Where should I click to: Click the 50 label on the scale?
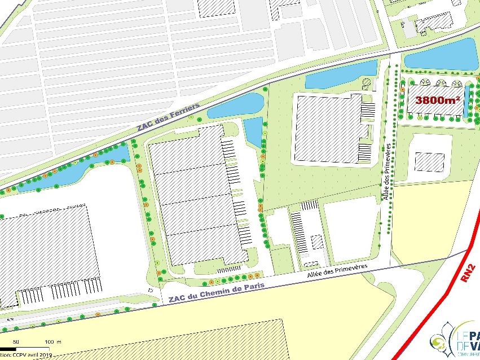pos(16,342)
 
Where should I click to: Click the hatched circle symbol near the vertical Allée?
pos(367,84)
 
